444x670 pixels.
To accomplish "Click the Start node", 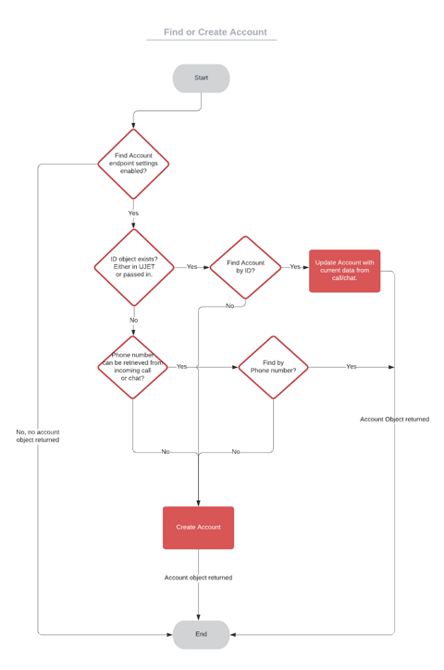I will pyautogui.click(x=201, y=78).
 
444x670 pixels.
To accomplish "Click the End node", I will pyautogui.click(x=201, y=634).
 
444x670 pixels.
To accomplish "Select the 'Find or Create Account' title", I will pyautogui.click(x=215, y=32).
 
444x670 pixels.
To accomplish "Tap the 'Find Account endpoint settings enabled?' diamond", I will pyautogui.click(x=133, y=164).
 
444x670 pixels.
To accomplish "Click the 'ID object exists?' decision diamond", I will pyautogui.click(x=134, y=267).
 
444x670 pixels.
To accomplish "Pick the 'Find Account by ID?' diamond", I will pyautogui.click(x=245, y=267).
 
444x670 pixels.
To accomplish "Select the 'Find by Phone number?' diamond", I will pyautogui.click(x=273, y=367).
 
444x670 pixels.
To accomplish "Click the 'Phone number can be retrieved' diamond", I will pyautogui.click(x=132, y=367).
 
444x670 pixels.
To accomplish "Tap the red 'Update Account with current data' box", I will pyautogui.click(x=344, y=270).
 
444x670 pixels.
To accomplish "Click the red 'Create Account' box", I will pyautogui.click(x=198, y=527).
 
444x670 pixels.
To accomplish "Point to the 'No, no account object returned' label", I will pyautogui.click(x=38, y=435).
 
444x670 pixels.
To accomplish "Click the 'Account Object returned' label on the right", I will pyautogui.click(x=394, y=419).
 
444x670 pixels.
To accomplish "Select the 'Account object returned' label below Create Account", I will pyautogui.click(x=198, y=578).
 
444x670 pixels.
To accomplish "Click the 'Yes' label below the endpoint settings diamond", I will pyautogui.click(x=133, y=213).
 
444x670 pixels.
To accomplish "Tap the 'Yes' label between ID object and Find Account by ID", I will pyautogui.click(x=191, y=267).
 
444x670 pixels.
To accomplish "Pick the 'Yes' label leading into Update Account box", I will pyautogui.click(x=295, y=267).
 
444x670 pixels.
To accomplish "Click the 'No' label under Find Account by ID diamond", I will pyautogui.click(x=229, y=306).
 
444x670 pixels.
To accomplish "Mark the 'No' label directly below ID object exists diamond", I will pyautogui.click(x=133, y=321).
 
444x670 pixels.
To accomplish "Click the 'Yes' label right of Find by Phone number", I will pyautogui.click(x=351, y=367).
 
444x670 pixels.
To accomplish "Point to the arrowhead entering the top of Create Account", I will pyautogui.click(x=198, y=503).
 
